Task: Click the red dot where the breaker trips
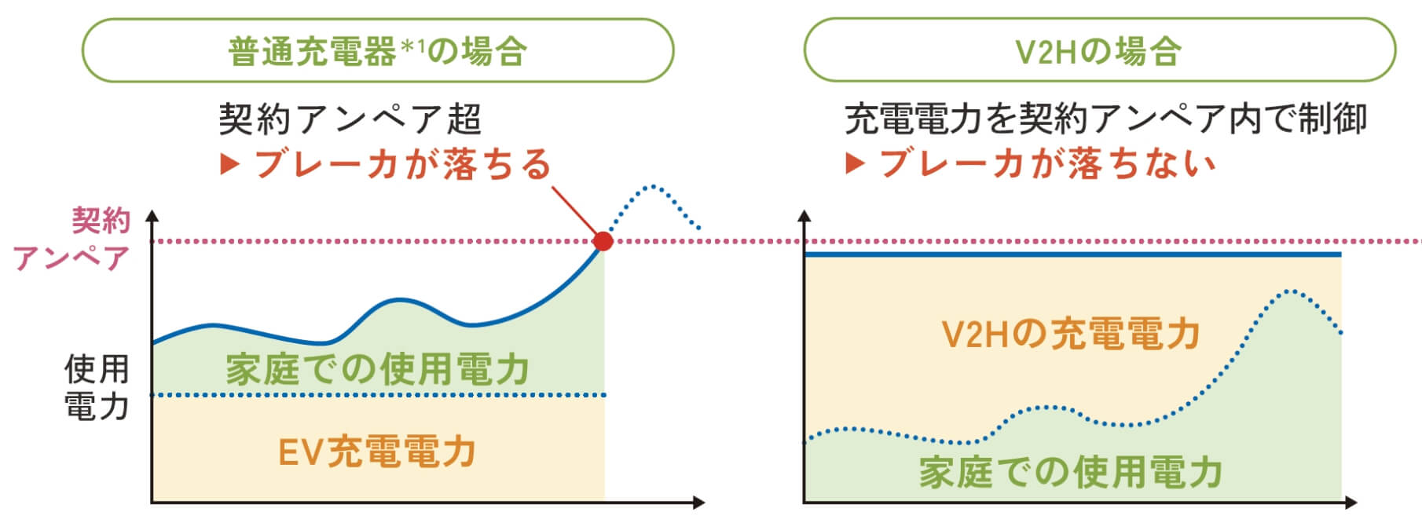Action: coord(603,241)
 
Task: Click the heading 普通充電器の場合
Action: coord(378,51)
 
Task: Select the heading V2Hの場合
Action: coord(1098,51)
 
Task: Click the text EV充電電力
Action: coord(377,452)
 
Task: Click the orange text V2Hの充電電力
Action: coord(1071,334)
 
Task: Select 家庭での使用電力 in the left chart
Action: coord(377,369)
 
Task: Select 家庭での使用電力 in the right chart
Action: coord(1071,473)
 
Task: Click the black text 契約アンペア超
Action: coord(350,119)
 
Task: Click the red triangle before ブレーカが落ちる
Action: coord(229,164)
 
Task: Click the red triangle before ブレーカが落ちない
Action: coord(855,164)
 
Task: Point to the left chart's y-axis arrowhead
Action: coord(152,215)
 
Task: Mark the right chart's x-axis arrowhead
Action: coord(1351,502)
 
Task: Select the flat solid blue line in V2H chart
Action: coord(1072,254)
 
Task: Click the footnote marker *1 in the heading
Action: coord(412,46)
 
